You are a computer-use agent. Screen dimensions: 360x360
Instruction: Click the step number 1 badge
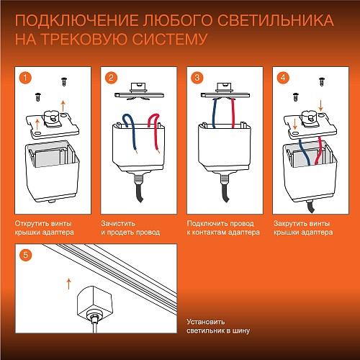(x=24, y=77)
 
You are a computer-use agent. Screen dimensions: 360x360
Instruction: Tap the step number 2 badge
(x=111, y=77)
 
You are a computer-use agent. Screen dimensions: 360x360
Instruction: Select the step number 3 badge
(x=197, y=77)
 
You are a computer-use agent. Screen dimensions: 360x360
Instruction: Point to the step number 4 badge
(x=283, y=77)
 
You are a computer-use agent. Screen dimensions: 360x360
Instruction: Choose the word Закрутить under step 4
(x=291, y=223)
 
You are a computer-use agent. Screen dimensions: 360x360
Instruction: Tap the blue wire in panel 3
(x=215, y=115)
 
